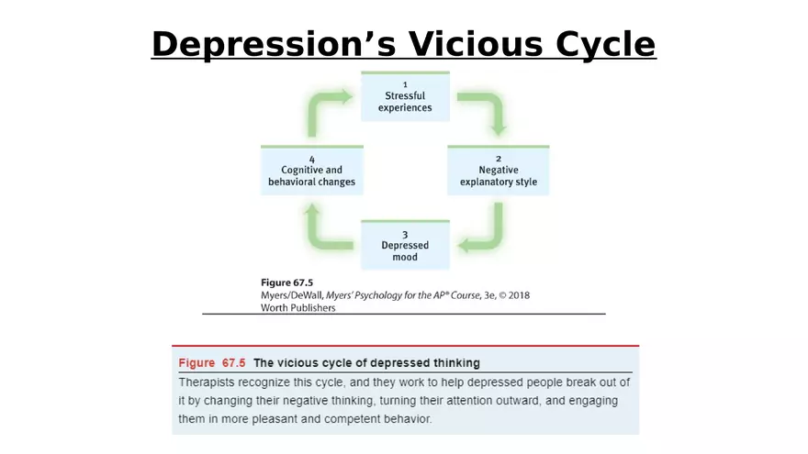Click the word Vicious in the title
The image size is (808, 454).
click(477, 44)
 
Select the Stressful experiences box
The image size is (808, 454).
click(405, 96)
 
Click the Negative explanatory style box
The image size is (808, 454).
click(499, 171)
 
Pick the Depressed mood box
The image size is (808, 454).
click(405, 245)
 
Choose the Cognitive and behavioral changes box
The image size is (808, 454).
click(312, 171)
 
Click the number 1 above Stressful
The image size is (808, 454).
click(405, 84)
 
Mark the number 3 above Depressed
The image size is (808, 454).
click(405, 235)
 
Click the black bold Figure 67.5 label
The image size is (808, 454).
click(286, 282)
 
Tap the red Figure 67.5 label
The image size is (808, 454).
click(212, 363)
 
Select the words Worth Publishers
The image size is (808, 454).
click(297, 308)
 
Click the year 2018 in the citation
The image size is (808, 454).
click(519, 295)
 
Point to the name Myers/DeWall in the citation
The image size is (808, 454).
click(292, 295)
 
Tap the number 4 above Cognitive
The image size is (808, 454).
click(312, 160)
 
